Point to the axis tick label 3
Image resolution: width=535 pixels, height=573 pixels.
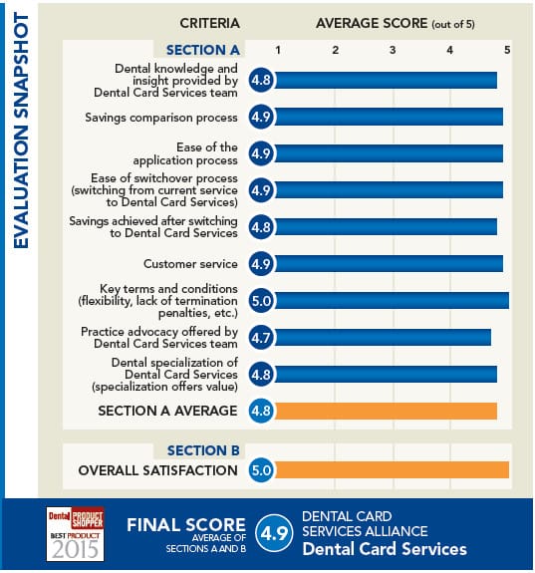coord(393,49)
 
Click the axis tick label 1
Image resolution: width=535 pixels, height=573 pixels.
coord(278,49)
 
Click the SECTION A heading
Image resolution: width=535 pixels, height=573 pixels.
coord(204,49)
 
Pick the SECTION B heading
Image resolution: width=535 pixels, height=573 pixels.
coord(204,450)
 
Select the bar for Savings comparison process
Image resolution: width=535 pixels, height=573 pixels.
coord(389,118)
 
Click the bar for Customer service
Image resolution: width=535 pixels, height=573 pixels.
coord(389,264)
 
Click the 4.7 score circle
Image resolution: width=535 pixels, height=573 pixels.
coord(261,337)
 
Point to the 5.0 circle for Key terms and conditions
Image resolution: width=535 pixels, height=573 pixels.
coord(261,300)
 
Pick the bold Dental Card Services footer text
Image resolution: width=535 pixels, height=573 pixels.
coord(384,549)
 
